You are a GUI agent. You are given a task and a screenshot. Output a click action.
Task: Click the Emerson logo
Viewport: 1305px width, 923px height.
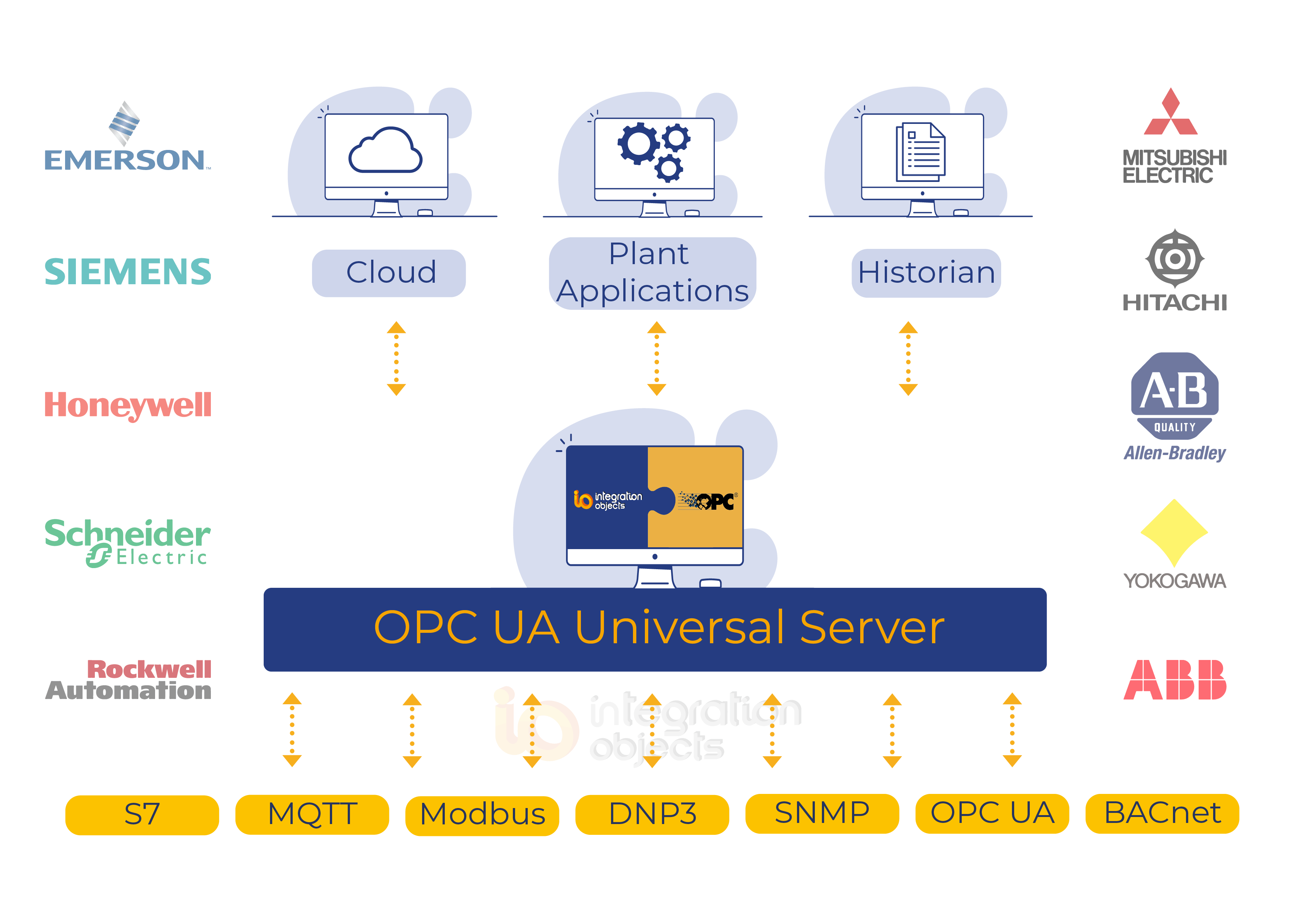tap(127, 137)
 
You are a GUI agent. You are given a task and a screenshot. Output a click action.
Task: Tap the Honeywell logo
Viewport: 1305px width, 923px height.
tap(128, 406)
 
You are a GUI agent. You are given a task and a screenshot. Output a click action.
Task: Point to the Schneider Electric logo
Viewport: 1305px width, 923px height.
tap(128, 542)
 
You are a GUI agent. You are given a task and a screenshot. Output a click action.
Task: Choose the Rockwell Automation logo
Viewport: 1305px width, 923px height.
tap(128, 680)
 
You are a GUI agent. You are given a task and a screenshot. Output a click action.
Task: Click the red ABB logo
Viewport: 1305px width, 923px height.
tap(1175, 680)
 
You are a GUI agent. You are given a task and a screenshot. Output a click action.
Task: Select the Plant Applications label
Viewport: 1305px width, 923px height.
tap(652, 273)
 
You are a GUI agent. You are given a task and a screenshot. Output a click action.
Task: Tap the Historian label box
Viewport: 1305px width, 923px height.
tap(926, 273)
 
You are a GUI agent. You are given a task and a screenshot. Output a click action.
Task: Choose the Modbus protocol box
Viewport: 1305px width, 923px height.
tap(482, 815)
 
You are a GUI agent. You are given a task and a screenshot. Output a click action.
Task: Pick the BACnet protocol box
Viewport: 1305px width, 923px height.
tap(1162, 814)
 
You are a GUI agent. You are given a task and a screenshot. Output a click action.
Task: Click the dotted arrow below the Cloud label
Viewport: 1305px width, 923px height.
tap(396, 358)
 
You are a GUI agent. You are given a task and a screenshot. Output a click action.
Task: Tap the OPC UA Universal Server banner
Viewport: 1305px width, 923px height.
tap(655, 629)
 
